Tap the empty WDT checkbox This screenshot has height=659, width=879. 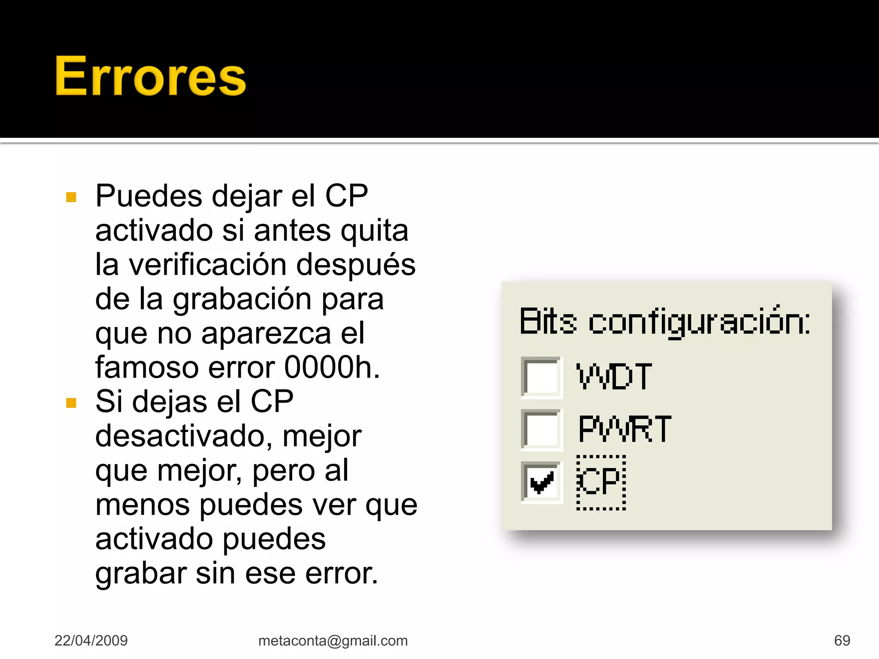[541, 377]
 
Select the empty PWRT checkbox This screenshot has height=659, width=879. [541, 429]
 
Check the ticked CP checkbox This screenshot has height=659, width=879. [541, 481]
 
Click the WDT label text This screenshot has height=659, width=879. [614, 377]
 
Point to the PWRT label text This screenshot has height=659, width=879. [624, 429]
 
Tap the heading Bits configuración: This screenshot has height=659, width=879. [664, 322]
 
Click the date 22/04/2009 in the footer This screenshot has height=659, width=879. [91, 641]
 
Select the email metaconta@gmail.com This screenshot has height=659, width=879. [333, 641]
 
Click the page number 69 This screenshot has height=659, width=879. [842, 641]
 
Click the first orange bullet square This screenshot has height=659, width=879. [71, 197]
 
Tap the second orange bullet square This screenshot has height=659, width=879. [71, 403]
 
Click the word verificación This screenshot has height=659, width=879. [208, 265]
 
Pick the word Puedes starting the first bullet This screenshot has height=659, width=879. [149, 196]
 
